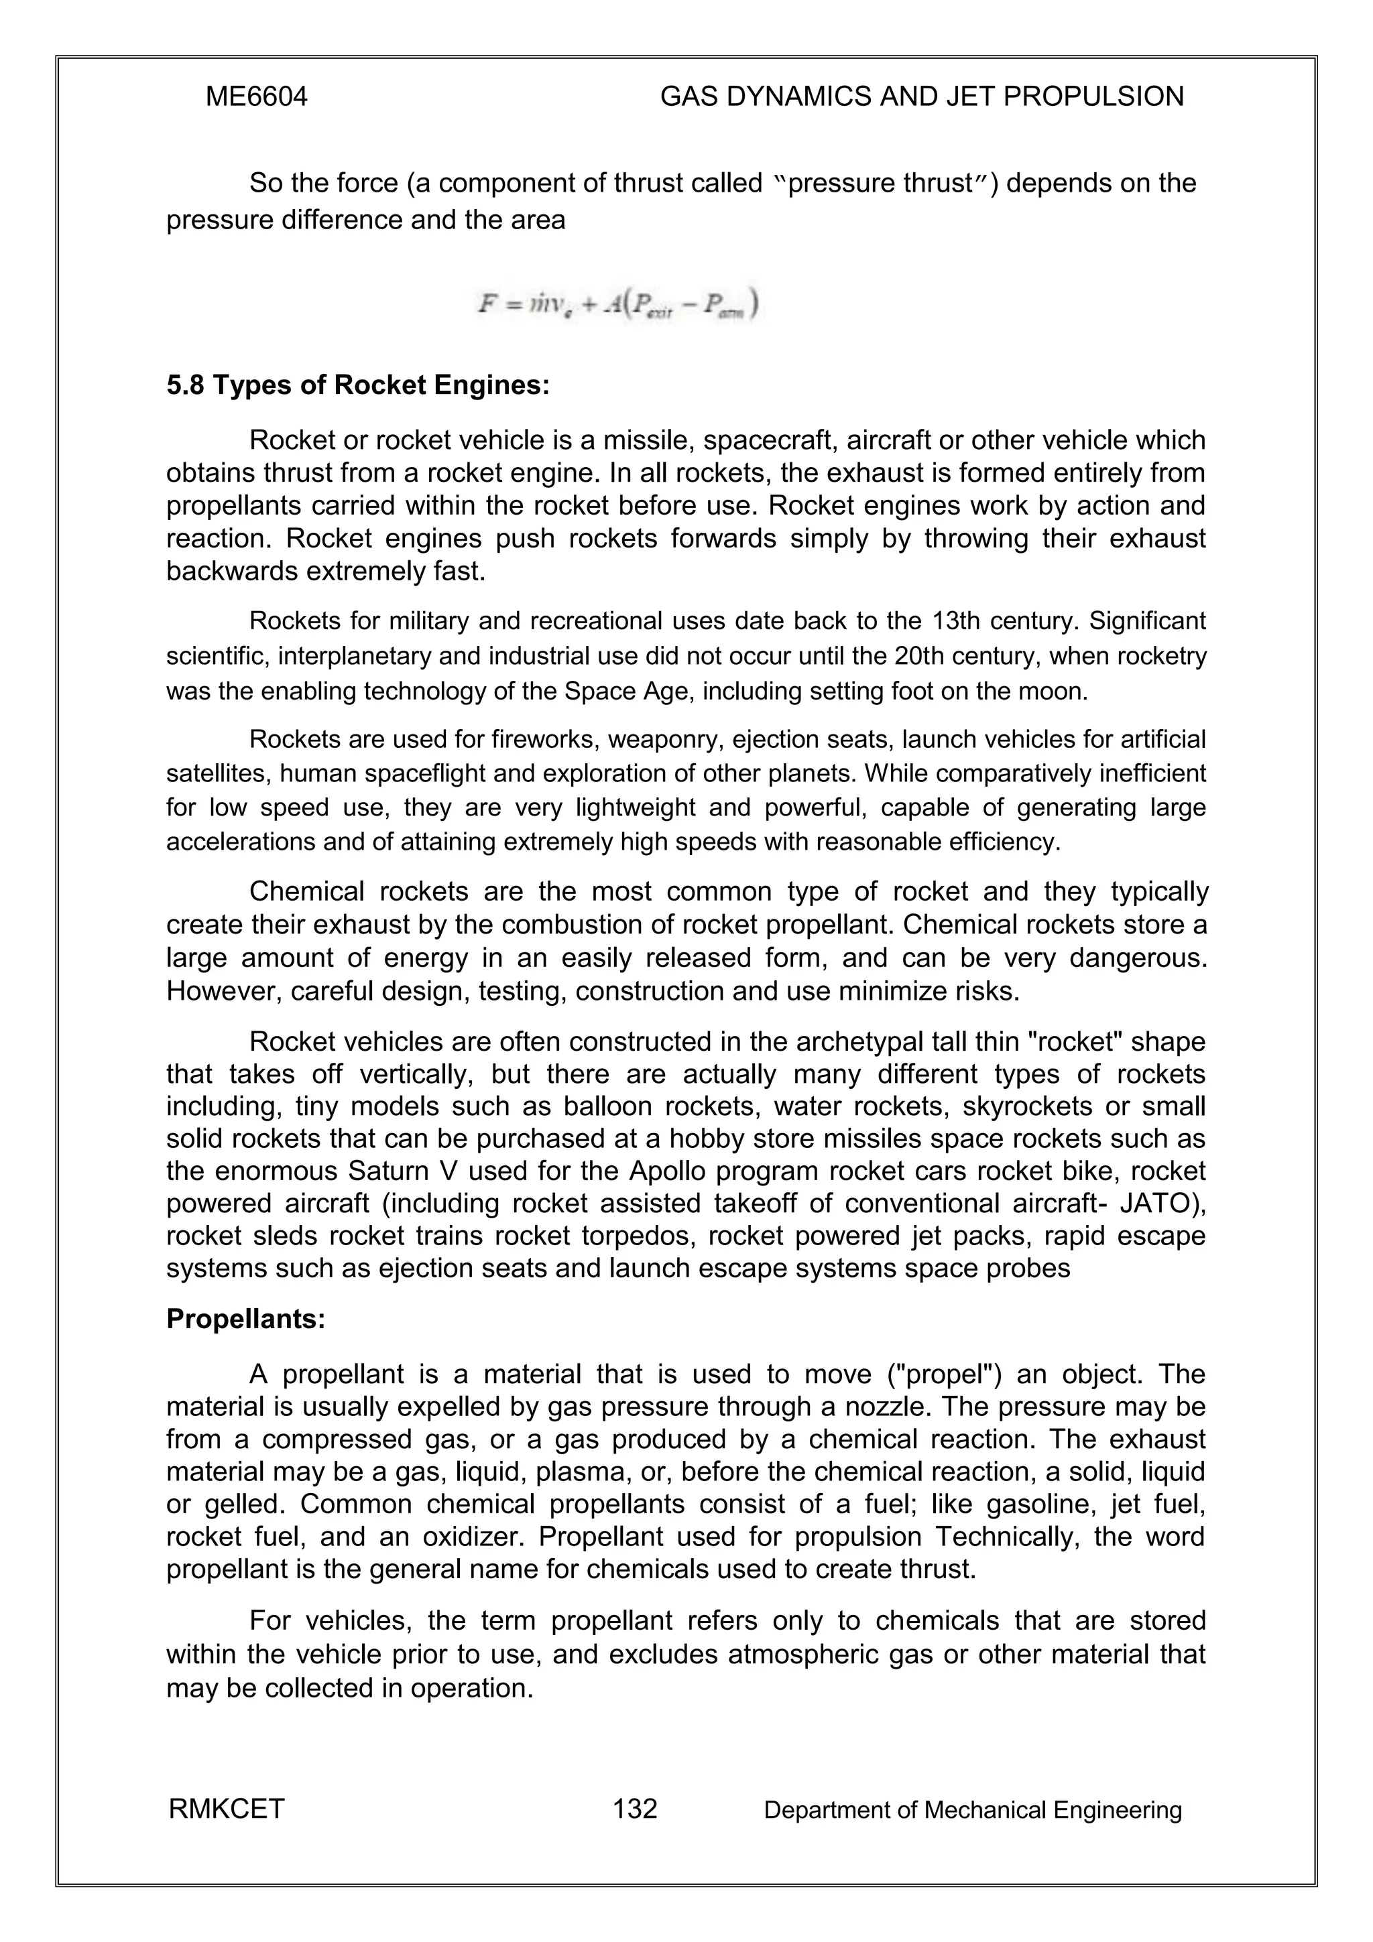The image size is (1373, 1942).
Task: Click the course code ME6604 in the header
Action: (x=256, y=97)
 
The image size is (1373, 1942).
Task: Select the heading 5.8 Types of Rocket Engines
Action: (x=358, y=386)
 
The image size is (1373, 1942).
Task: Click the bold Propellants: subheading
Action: (x=245, y=1319)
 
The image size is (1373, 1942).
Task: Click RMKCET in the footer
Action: (x=227, y=1809)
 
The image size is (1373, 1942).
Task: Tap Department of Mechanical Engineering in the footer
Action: (x=972, y=1810)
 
